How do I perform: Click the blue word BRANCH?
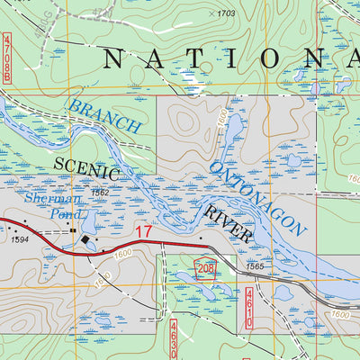pos(104,115)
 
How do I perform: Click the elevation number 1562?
pos(100,193)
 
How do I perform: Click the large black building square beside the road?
pos(87,242)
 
